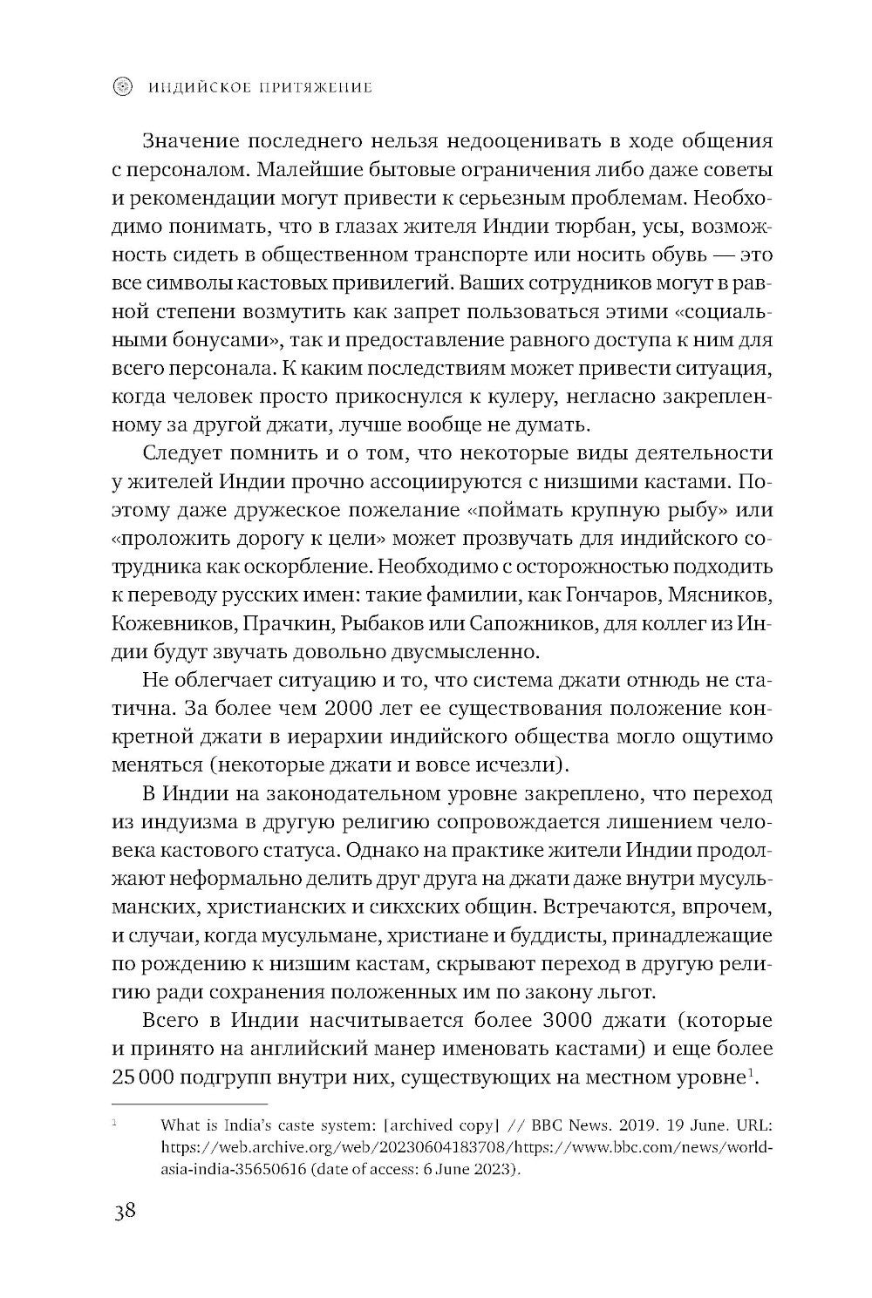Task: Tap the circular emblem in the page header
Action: (x=125, y=86)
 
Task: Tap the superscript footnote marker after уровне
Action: (x=750, y=1072)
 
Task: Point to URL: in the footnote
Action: (x=753, y=1125)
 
